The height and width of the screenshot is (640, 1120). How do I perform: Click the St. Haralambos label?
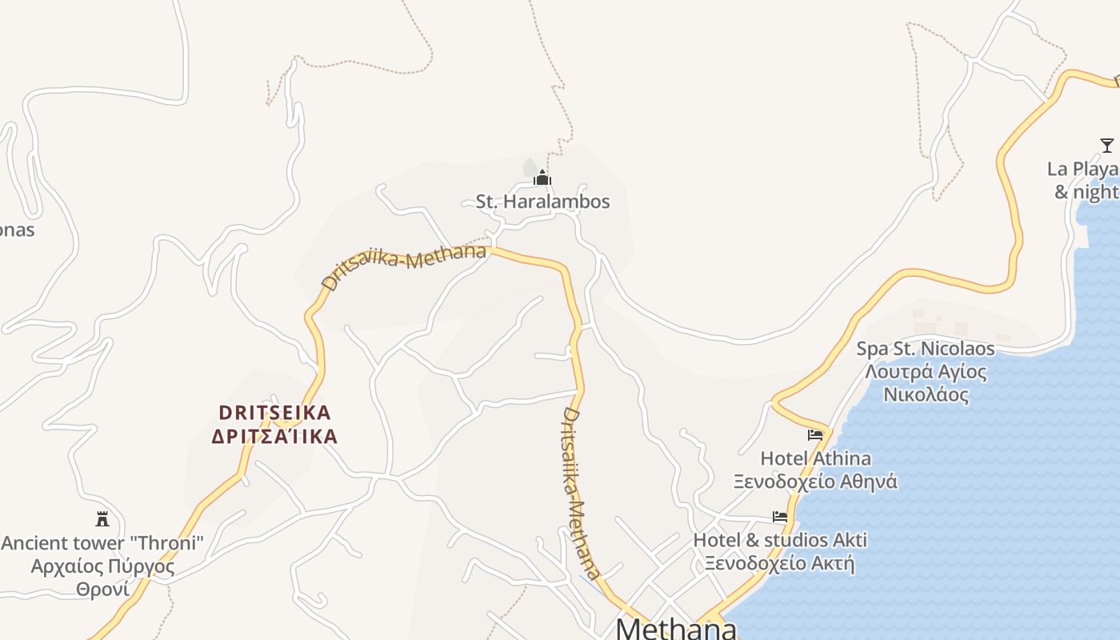point(542,202)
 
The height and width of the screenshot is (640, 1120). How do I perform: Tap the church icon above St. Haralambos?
point(542,178)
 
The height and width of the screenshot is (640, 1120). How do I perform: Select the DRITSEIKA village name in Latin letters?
point(274,413)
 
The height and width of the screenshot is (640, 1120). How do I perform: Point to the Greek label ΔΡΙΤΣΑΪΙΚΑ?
point(274,437)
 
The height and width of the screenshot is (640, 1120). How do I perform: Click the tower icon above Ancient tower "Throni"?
point(102,519)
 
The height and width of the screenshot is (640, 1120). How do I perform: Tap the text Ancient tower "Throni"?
point(102,543)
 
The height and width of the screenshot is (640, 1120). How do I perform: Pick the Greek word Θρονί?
point(102,590)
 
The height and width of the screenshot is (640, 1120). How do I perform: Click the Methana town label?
point(676,628)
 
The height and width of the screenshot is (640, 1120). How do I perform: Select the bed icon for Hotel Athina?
point(815,435)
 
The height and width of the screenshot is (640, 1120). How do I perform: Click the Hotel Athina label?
point(815,458)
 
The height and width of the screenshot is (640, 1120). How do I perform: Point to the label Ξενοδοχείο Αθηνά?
point(815,482)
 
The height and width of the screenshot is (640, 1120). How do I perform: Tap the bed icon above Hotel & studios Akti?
point(780,517)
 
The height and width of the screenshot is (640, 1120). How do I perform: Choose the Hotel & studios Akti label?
point(780,540)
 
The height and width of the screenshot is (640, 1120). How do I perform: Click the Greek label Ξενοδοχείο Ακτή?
point(780,563)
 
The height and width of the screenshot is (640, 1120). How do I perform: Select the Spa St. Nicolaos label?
point(926,349)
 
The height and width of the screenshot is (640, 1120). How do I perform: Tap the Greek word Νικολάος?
point(926,395)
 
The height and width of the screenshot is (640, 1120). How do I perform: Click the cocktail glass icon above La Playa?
point(1107,146)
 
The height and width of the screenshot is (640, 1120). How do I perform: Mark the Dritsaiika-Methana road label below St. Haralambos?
point(403,266)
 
